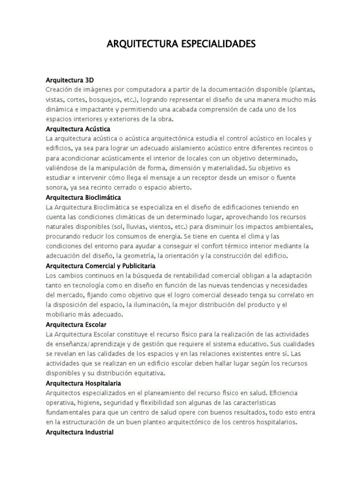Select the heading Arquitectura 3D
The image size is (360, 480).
coord(70,80)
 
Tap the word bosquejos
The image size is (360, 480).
coord(131,99)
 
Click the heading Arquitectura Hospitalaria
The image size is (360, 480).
coord(83,383)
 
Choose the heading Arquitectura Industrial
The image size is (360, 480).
coord(80,432)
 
